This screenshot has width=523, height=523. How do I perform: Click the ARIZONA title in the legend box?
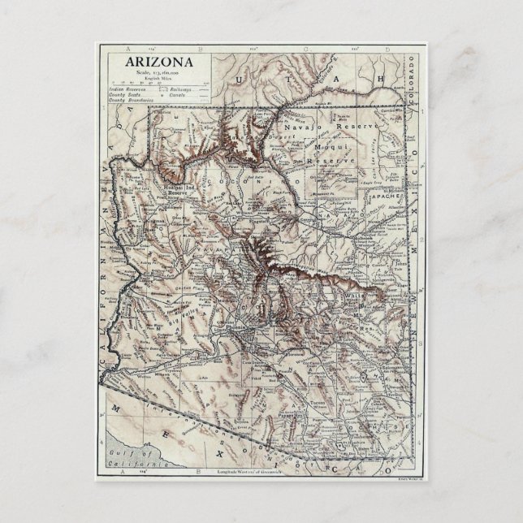(x=159, y=63)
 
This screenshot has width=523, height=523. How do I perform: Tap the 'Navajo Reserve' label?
(x=322, y=128)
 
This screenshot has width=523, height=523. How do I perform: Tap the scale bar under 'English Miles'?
(x=159, y=81)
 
